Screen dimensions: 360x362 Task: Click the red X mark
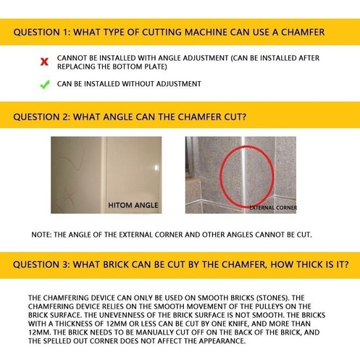pyautogui.click(x=44, y=62)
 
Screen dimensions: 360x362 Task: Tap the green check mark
pyautogui.click(x=45, y=85)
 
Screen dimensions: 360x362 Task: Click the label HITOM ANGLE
pyautogui.click(x=133, y=206)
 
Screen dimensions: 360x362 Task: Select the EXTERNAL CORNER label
pyautogui.click(x=273, y=208)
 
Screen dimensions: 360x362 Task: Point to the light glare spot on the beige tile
pyautogui.click(x=156, y=168)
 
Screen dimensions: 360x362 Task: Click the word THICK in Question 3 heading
pyautogui.click(x=310, y=264)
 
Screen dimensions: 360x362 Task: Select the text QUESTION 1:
pyautogui.click(x=41, y=33)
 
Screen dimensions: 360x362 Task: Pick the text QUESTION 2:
pyautogui.click(x=41, y=117)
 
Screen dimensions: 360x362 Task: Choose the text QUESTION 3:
pyautogui.click(x=41, y=264)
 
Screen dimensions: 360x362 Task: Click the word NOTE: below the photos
pyautogui.click(x=41, y=235)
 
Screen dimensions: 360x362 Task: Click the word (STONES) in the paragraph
pyautogui.click(x=272, y=298)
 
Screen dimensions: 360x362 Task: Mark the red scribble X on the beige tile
pyautogui.click(x=70, y=197)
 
